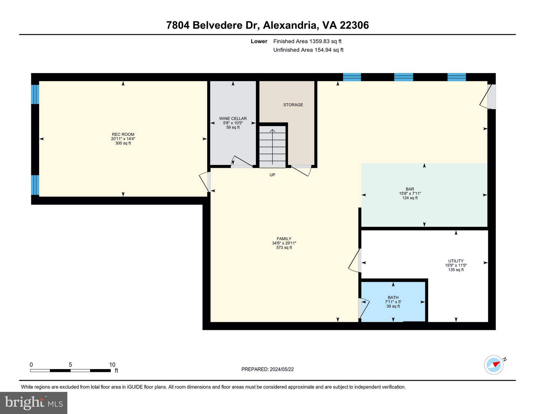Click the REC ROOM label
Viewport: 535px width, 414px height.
pyautogui.click(x=123, y=134)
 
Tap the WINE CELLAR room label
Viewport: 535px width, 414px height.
pyautogui.click(x=233, y=119)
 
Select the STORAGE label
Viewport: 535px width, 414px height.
pyautogui.click(x=293, y=105)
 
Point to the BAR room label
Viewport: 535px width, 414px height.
pyautogui.click(x=410, y=189)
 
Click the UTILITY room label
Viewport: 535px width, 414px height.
pyautogui.click(x=456, y=261)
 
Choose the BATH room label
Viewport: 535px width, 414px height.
pyautogui.click(x=393, y=298)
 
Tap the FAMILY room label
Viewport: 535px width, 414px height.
pyautogui.click(x=284, y=239)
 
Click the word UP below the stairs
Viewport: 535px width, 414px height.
pyautogui.click(x=272, y=175)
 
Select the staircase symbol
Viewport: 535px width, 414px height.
pyautogui.click(x=272, y=146)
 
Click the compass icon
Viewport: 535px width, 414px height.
pyautogui.click(x=494, y=365)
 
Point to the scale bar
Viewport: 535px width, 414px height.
pyautogui.click(x=70, y=371)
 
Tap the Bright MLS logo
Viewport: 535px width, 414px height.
pyautogui.click(x=34, y=403)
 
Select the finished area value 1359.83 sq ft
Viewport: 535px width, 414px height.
pyautogui.click(x=325, y=41)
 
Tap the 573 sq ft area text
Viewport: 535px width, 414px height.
pyautogui.click(x=284, y=248)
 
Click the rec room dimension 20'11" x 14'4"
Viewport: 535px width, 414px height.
pyautogui.click(x=123, y=139)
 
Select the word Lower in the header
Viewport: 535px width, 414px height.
pyautogui.click(x=259, y=41)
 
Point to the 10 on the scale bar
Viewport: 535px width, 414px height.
pyautogui.click(x=112, y=365)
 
